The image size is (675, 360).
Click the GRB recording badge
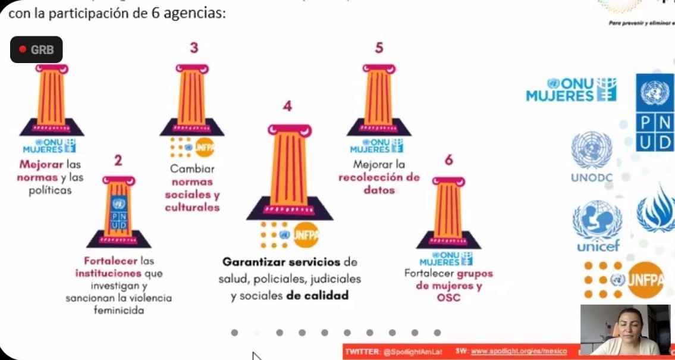coord(36,50)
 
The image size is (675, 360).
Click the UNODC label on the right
coord(591,178)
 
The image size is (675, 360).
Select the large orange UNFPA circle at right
coord(645,280)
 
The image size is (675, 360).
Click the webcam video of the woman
coord(625,330)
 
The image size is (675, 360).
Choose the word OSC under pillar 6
coord(448,298)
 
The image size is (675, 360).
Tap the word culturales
coord(192,208)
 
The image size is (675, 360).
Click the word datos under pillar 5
coord(379,190)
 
